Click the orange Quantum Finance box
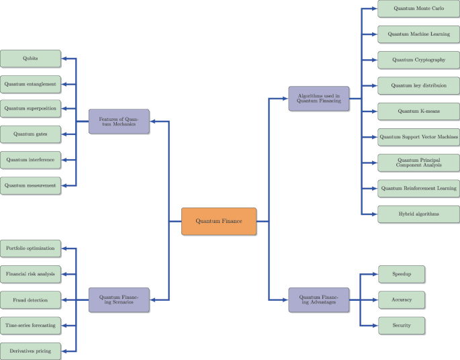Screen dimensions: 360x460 [219, 221]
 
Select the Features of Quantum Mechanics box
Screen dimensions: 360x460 [119, 121]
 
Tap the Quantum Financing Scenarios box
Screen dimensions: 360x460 [119, 300]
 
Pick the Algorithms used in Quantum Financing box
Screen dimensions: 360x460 [318, 99]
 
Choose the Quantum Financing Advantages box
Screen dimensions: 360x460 [318, 300]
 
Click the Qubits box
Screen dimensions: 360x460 [30, 58]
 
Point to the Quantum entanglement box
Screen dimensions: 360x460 [30, 84]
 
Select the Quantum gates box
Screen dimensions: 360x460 [30, 134]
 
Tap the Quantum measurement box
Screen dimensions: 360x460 [30, 185]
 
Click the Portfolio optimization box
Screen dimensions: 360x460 [30, 249]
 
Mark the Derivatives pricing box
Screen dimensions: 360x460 [30, 350]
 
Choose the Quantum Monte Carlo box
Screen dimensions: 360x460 [418, 9]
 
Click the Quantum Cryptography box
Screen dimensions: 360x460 [418, 60]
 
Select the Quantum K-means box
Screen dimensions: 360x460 [418, 111]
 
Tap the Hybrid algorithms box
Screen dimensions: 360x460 [418, 214]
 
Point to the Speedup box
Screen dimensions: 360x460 [401, 274]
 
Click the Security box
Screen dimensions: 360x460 [401, 325]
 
